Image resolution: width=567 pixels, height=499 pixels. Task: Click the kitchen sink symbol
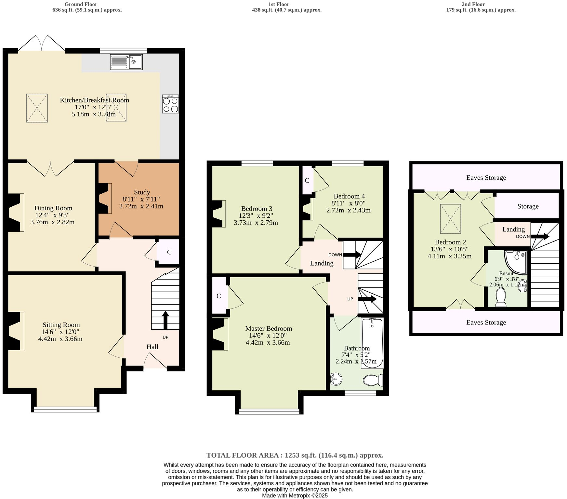(x=126, y=62)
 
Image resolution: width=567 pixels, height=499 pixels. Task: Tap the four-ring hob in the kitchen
(x=170, y=104)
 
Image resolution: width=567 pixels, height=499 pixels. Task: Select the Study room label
(x=142, y=192)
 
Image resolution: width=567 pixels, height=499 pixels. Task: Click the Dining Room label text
(x=53, y=208)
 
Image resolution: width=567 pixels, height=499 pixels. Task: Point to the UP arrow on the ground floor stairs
(x=165, y=320)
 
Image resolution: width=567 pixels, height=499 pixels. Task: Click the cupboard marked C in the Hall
(x=169, y=252)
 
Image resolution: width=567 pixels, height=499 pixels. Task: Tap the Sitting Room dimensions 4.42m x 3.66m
(x=60, y=339)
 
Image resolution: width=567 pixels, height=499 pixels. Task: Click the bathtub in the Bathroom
(x=373, y=342)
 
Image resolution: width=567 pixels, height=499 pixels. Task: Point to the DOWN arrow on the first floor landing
(x=352, y=255)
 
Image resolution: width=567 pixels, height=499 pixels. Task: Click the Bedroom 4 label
(x=349, y=196)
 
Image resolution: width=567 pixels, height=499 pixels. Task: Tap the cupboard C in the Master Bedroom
(x=219, y=296)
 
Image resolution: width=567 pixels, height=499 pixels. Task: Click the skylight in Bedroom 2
(x=450, y=219)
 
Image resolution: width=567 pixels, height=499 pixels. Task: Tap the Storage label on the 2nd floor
(x=528, y=206)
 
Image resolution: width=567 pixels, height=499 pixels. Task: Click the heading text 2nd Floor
(x=473, y=4)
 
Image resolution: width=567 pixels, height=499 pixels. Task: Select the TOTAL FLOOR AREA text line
(x=295, y=455)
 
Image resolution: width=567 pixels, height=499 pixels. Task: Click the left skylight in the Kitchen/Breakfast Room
(x=37, y=108)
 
